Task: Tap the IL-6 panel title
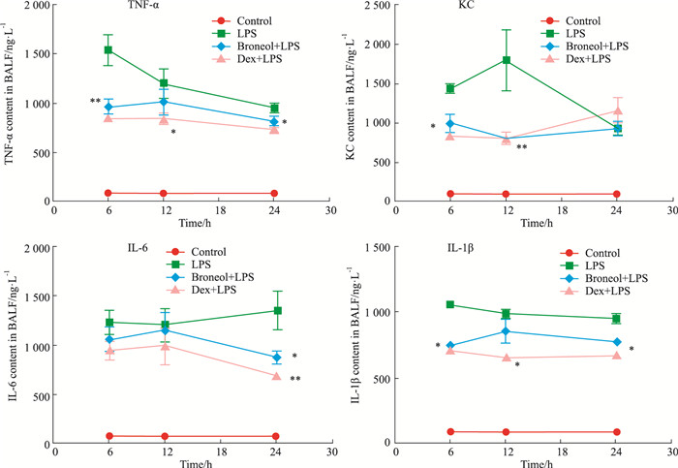tap(77, 252)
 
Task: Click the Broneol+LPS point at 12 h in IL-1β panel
tap(505, 331)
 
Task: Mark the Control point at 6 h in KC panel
tap(449, 194)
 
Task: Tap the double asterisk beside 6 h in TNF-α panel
tap(96, 102)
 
